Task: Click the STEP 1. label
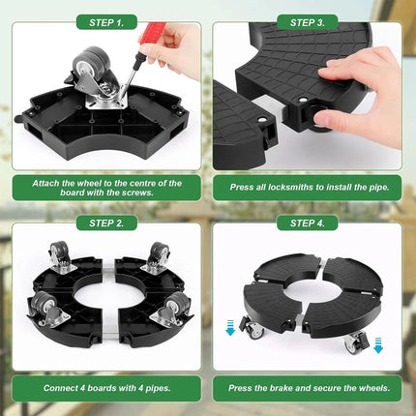coord(106,22)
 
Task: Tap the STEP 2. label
coord(106,223)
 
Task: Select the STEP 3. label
coord(308,22)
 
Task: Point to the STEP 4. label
coord(308,223)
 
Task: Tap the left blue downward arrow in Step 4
coord(230,328)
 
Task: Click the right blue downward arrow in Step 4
coord(378,345)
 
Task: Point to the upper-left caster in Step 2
coord(61,258)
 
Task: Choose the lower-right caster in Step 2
coord(171,309)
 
